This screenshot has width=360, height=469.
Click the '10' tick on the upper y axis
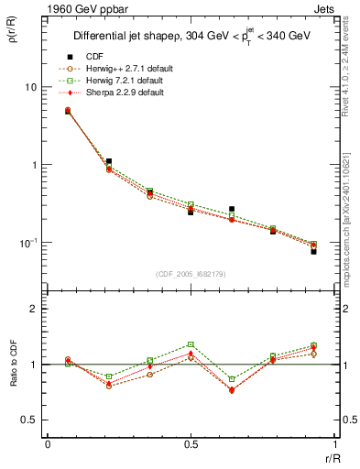pyautogui.click(x=31, y=87)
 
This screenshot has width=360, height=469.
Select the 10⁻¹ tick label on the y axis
pyautogui.click(x=29, y=243)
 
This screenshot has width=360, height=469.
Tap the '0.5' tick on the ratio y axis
pyautogui.click(x=30, y=420)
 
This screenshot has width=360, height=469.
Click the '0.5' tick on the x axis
pyautogui.click(x=190, y=443)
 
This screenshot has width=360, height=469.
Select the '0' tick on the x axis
pyautogui.click(x=48, y=443)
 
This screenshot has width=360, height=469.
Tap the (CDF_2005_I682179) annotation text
pyautogui.click(x=190, y=273)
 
